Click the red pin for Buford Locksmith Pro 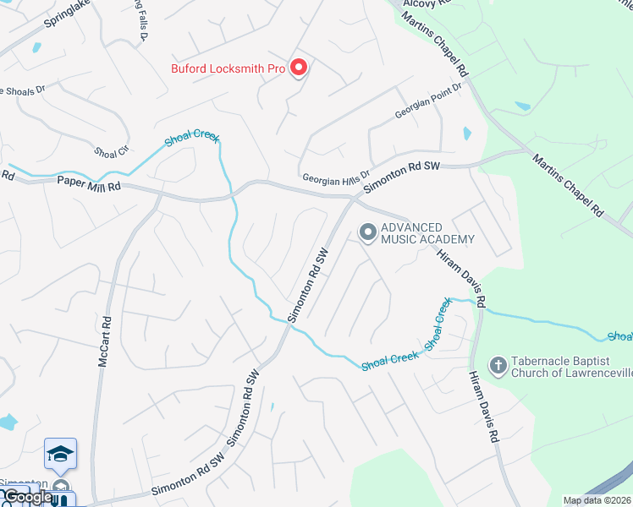point(298,67)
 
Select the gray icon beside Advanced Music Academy point(367,231)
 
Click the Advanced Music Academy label point(427,233)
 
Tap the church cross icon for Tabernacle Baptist point(498,365)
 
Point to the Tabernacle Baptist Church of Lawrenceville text point(566,365)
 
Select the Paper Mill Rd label point(89,183)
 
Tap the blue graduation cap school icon point(61,455)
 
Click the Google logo point(27,497)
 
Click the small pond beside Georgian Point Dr point(466,133)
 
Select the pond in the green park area point(523,107)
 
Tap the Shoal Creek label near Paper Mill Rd point(192,138)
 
